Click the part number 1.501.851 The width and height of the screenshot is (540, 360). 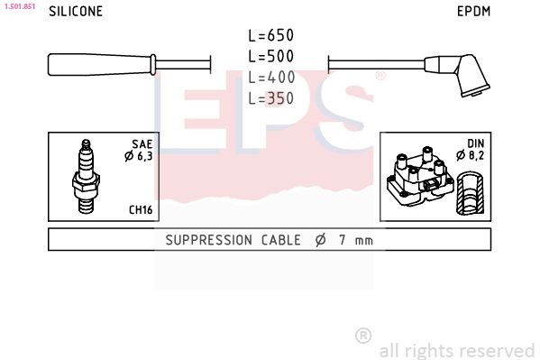(x=20, y=6)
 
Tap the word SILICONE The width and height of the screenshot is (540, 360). (x=76, y=12)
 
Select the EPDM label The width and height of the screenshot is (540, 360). (x=473, y=12)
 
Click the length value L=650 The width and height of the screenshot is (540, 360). (x=271, y=35)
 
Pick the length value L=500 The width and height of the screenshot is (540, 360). (x=271, y=56)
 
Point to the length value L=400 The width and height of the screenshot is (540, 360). (x=271, y=78)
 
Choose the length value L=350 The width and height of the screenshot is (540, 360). (x=271, y=98)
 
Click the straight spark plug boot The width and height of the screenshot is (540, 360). (x=102, y=64)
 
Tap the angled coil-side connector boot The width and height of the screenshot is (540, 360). (x=457, y=75)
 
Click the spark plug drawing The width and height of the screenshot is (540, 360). (x=86, y=176)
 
